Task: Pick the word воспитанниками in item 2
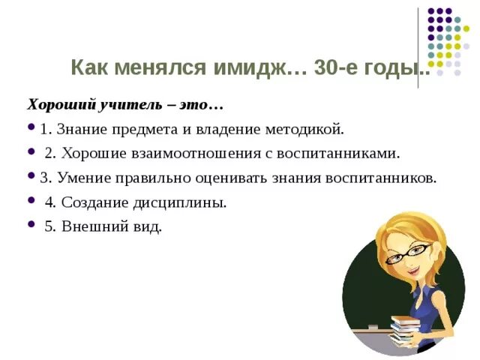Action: [344, 153]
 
